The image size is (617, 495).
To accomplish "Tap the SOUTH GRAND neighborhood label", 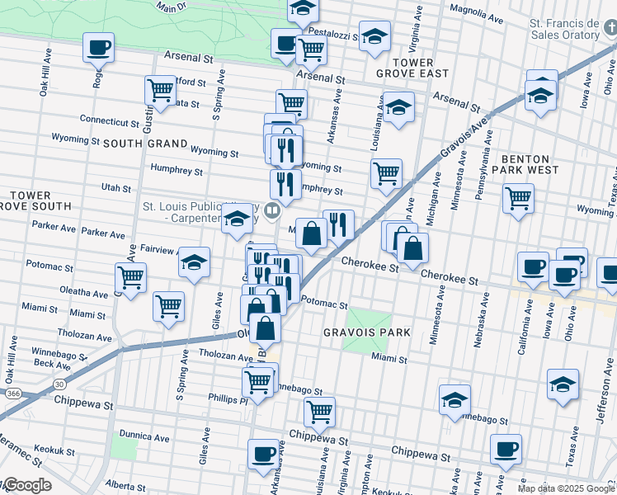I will coord(134,144).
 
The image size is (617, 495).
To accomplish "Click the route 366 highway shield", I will coord(13,394).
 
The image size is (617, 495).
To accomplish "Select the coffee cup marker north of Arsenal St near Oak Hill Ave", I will coord(98,48).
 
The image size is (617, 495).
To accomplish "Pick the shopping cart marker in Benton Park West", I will coord(518,198).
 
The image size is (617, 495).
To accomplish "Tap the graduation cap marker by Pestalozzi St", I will coord(374,36).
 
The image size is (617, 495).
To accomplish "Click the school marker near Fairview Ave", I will coord(193,263).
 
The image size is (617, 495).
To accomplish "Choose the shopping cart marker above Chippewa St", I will coord(319,410).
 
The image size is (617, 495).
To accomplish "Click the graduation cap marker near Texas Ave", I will coord(563,384).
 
